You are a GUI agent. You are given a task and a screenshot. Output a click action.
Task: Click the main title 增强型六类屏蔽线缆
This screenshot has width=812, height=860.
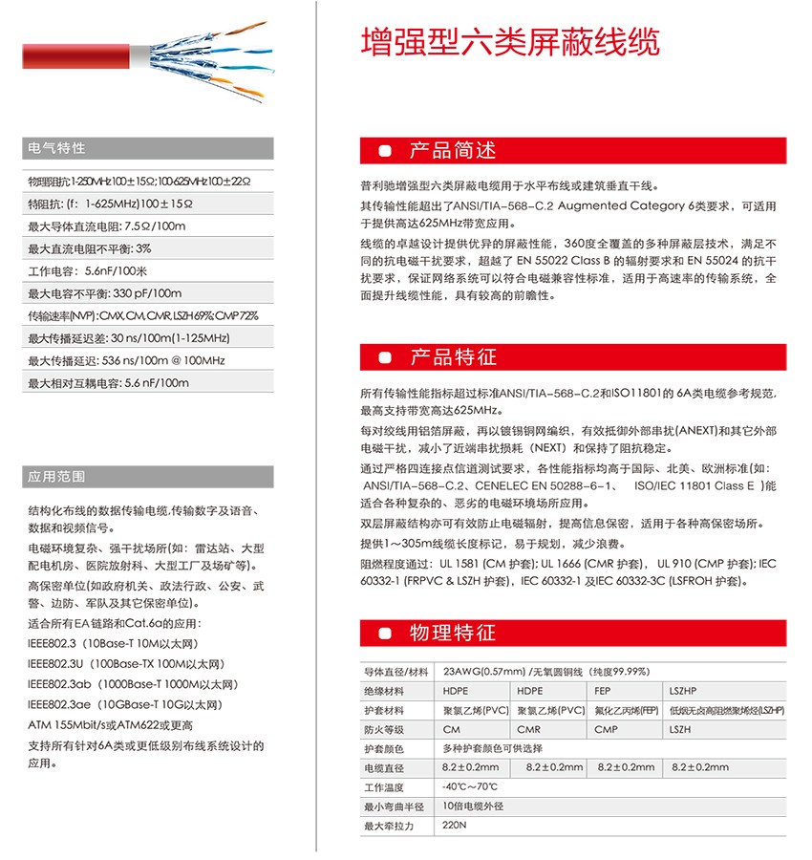tap(511, 42)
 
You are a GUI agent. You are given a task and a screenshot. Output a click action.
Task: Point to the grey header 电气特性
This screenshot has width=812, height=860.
tap(57, 148)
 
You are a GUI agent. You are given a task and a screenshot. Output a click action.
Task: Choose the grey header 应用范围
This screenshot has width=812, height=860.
tap(57, 476)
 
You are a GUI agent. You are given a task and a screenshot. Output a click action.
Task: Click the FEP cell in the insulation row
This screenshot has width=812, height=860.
tap(604, 691)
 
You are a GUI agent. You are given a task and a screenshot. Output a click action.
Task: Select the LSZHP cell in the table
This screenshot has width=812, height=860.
tap(684, 691)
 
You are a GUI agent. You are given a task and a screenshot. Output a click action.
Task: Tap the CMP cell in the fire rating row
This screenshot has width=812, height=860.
tap(607, 729)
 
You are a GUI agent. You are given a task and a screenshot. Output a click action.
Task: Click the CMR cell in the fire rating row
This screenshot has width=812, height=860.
tap(530, 729)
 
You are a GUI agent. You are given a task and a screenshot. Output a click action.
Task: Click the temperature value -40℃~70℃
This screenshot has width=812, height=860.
tap(470, 786)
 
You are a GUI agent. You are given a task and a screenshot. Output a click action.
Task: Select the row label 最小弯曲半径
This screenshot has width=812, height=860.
tap(393, 806)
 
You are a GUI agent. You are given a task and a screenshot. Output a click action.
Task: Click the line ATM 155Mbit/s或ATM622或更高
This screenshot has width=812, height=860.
tap(111, 725)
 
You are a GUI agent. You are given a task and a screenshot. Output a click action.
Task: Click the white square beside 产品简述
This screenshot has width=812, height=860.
tap(385, 152)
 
